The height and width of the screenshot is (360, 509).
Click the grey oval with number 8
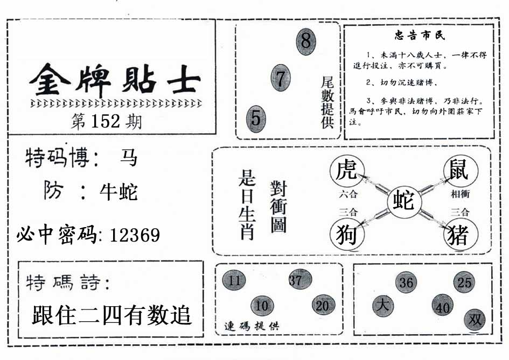[x=306, y=41]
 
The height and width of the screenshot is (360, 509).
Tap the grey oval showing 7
[x=281, y=78]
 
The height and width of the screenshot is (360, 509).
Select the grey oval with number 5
[x=256, y=119]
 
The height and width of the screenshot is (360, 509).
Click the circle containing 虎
[x=347, y=171]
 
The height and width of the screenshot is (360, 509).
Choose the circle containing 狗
[x=347, y=234]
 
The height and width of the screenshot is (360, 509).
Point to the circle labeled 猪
[x=461, y=234]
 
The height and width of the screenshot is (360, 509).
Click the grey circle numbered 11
[x=234, y=280]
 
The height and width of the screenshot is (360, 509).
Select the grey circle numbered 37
[x=300, y=279]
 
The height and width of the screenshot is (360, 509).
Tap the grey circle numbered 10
[x=262, y=306]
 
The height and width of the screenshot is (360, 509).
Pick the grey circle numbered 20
[x=323, y=306]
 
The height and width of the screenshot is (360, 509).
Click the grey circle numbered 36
[x=406, y=283]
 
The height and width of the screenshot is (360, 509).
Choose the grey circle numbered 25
[x=464, y=283]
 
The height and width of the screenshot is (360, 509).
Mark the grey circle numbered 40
[x=443, y=306]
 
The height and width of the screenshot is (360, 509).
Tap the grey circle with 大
[x=383, y=306]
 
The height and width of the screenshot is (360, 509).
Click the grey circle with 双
[x=475, y=320]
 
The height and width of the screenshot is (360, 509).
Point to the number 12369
[x=135, y=235]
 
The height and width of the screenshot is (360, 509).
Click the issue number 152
[x=106, y=121]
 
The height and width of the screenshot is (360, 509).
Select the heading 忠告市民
[x=420, y=35]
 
